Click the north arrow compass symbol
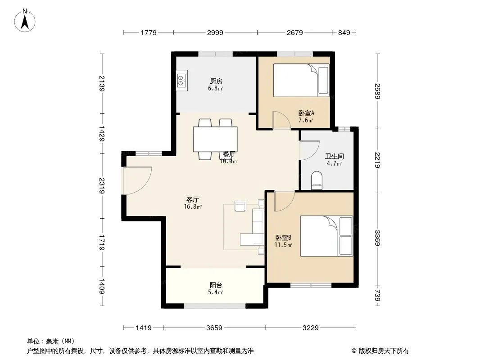click(25, 21)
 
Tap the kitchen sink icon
click(182, 80)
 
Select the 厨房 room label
click(216, 81)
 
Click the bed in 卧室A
click(301, 81)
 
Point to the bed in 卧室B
click(326, 236)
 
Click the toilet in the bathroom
click(317, 180)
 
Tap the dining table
click(215, 139)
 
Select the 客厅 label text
click(193, 200)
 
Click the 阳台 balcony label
click(216, 285)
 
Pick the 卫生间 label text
click(334, 156)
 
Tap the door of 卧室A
click(281, 120)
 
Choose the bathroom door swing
click(309, 150)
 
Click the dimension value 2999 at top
click(215, 33)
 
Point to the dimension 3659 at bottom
click(214, 328)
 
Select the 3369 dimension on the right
click(377, 238)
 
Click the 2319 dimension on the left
click(102, 186)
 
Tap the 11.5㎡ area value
click(283, 245)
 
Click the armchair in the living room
click(240, 206)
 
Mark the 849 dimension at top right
click(344, 33)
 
